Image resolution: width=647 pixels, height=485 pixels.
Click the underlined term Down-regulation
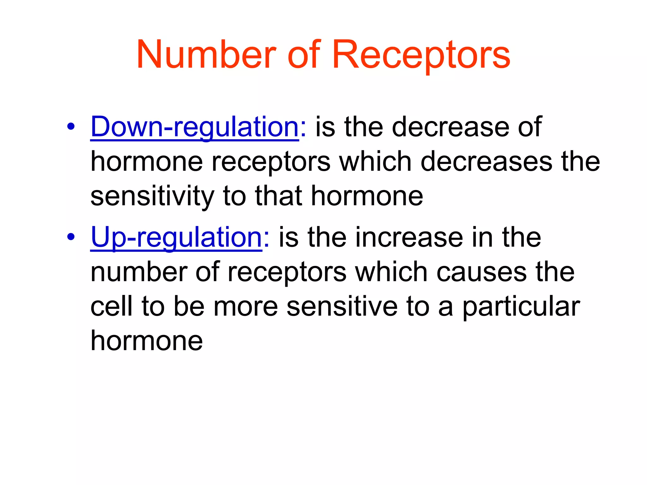click(195, 127)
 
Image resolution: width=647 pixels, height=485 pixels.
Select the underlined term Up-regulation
click(176, 237)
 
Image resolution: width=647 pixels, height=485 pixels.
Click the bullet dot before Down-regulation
click(71, 127)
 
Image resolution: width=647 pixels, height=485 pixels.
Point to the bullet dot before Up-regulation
click(71, 237)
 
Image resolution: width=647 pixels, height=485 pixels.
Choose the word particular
click(521, 307)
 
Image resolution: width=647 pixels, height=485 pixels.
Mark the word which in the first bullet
click(376, 161)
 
